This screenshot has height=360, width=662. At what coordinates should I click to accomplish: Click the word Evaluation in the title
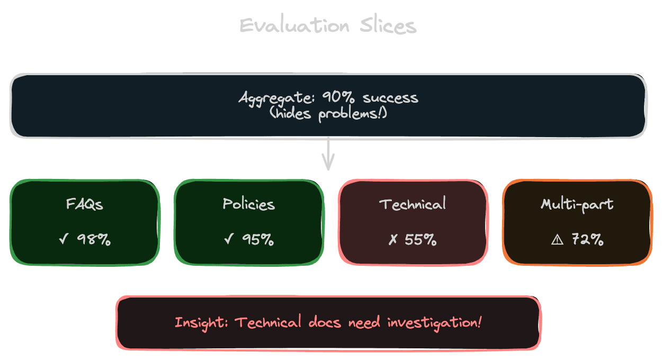click(x=294, y=25)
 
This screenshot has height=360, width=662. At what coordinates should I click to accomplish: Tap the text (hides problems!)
click(x=328, y=113)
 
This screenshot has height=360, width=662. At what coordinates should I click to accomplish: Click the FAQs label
click(x=85, y=204)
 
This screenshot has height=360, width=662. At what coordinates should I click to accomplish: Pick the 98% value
click(x=94, y=240)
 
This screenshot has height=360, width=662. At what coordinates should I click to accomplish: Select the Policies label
click(x=249, y=204)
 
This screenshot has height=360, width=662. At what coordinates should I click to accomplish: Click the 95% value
click(x=258, y=240)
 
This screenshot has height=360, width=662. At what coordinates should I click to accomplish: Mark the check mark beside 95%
click(x=229, y=240)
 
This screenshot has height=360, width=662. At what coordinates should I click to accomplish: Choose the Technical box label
click(x=413, y=204)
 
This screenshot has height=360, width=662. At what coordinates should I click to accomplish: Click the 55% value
click(x=421, y=240)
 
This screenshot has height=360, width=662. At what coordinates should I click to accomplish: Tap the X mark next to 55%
click(x=393, y=240)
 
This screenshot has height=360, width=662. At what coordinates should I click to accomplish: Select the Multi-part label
click(x=577, y=204)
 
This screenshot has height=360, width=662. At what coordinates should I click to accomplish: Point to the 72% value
click(x=587, y=240)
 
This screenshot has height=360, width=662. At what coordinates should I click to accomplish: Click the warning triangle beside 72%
click(x=557, y=240)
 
